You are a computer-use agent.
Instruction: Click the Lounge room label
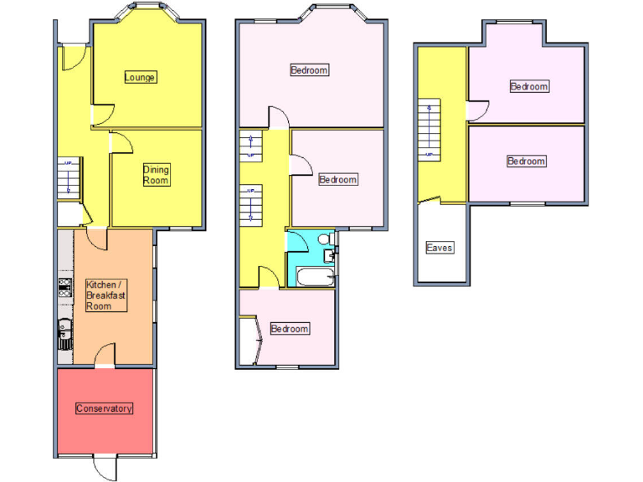point(140,78)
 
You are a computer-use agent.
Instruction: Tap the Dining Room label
point(156,175)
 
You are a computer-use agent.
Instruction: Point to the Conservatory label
point(104,408)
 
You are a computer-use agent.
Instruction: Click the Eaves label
point(440,248)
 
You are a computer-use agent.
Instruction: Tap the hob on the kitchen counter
point(64,289)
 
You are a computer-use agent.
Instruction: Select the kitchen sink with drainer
point(64,333)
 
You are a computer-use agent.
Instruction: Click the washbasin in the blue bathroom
point(332,257)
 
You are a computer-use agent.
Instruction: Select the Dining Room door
point(121,142)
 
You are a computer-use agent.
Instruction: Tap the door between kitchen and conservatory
point(105,357)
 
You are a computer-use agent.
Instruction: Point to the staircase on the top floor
point(430,130)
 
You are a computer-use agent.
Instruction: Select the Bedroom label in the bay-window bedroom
point(309,70)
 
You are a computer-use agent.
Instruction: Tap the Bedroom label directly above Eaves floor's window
point(526,162)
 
